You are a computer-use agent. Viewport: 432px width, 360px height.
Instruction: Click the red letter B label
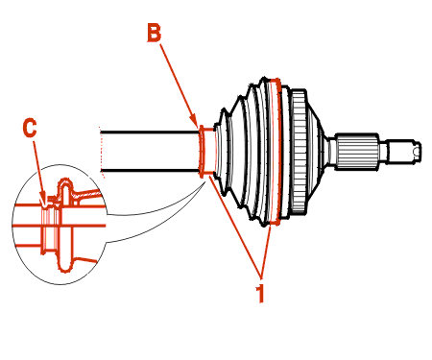[x=154, y=33]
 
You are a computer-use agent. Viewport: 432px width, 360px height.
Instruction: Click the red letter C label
[x=30, y=128]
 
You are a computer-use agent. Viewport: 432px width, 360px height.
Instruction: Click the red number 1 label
[x=260, y=293]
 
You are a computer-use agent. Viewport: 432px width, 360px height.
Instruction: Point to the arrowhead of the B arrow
[x=194, y=122]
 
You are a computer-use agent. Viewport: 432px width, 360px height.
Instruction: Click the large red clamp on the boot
[x=276, y=151]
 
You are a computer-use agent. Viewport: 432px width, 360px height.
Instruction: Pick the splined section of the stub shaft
[x=356, y=151]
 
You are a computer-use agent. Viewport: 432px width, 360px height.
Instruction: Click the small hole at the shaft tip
[x=416, y=151]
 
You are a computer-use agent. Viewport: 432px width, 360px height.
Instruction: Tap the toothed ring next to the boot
[x=299, y=153]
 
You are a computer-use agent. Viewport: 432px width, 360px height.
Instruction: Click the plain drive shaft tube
[x=150, y=151]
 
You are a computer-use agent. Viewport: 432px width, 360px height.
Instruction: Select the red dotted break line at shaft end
[x=102, y=151]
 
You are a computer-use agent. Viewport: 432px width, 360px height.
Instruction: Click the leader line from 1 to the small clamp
[x=235, y=226]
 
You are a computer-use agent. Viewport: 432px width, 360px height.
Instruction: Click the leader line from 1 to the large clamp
[x=266, y=251]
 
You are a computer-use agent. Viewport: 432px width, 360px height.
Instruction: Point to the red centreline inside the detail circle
[x=60, y=226]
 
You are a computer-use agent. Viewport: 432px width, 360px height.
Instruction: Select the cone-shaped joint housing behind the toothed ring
[x=316, y=151]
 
